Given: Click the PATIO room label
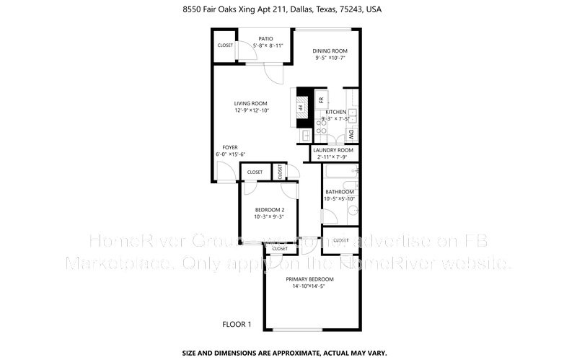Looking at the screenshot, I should coord(267,38).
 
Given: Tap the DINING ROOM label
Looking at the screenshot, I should coord(330,51).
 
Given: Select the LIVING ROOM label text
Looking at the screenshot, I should coord(251,103).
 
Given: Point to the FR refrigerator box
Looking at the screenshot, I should coord(322,98).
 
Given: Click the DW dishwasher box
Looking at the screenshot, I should coord(351,133).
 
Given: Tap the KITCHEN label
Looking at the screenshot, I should coord(335,112).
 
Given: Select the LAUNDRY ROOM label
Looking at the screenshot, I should coord(333,150).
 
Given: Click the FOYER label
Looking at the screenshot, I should coord(230,147).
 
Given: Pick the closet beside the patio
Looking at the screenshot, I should coord(225,46).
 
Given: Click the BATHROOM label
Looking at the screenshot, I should coord(339,192).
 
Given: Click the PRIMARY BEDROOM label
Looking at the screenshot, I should coord(309,279).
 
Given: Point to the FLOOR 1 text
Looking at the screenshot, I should coord(237,325).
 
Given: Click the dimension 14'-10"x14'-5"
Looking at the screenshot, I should coord(309,286).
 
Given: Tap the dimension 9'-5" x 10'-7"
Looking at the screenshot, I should coord(330,58).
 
